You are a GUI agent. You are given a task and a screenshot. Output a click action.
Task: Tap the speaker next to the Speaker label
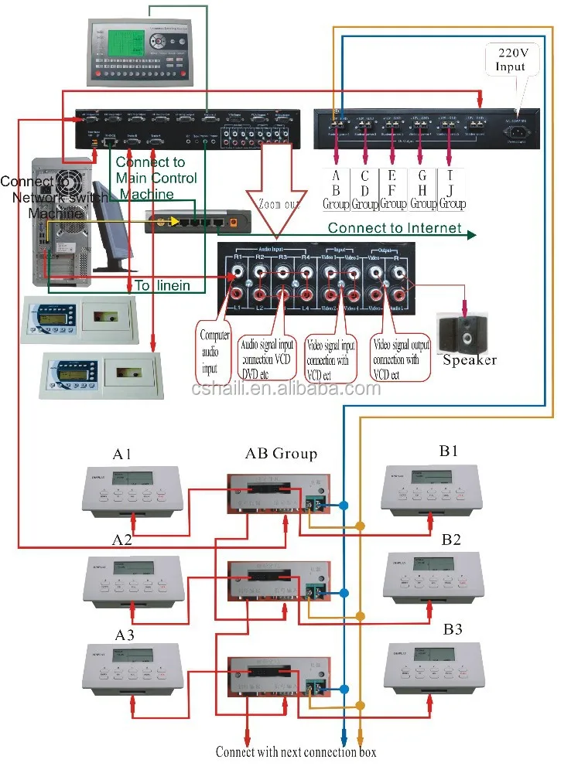(461, 332)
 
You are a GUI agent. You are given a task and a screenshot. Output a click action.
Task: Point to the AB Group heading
(281, 453)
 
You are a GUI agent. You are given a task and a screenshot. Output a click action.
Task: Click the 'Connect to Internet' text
(394, 228)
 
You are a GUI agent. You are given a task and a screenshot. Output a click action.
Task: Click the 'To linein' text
(162, 285)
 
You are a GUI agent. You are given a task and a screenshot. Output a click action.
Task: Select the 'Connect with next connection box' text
(296, 751)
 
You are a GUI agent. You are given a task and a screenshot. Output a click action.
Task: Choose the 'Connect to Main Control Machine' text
(156, 179)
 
